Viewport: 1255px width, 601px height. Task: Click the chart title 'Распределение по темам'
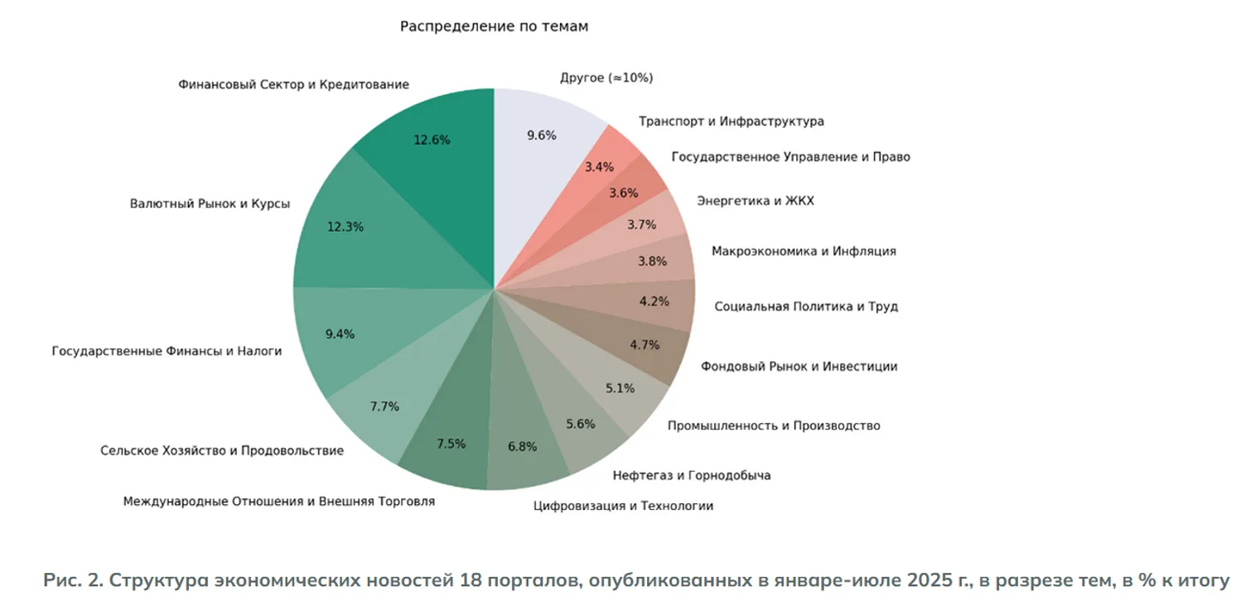pyautogui.click(x=494, y=26)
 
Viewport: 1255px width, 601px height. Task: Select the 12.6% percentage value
pyautogui.click(x=432, y=140)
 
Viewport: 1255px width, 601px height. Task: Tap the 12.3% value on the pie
pyautogui.click(x=345, y=226)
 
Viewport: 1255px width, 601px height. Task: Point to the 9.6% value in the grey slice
pyautogui.click(x=542, y=136)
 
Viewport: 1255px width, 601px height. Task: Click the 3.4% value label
pyautogui.click(x=599, y=166)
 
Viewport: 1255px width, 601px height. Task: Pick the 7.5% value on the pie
pyautogui.click(x=451, y=443)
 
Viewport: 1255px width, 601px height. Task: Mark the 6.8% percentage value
pyautogui.click(x=522, y=446)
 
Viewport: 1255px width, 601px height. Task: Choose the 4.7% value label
pyautogui.click(x=645, y=344)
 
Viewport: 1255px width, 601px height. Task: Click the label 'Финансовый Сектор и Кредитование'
pyautogui.click(x=293, y=84)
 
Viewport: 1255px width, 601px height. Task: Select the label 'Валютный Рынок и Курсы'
pyautogui.click(x=210, y=204)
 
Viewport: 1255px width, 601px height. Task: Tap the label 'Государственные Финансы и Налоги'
pyautogui.click(x=167, y=351)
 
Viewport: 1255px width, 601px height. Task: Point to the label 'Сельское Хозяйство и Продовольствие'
pyautogui.click(x=222, y=450)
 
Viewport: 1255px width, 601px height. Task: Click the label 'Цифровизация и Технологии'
pyautogui.click(x=623, y=506)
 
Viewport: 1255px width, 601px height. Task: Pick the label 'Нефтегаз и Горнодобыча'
pyautogui.click(x=692, y=475)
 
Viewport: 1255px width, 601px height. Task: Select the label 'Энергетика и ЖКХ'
pyautogui.click(x=755, y=201)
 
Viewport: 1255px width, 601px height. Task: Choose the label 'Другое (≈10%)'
pyautogui.click(x=607, y=78)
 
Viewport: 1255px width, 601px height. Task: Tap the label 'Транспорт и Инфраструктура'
pyautogui.click(x=731, y=122)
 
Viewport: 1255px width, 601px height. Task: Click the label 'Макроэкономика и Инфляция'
pyautogui.click(x=804, y=251)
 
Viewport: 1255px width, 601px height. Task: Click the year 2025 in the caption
pyautogui.click(x=929, y=580)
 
